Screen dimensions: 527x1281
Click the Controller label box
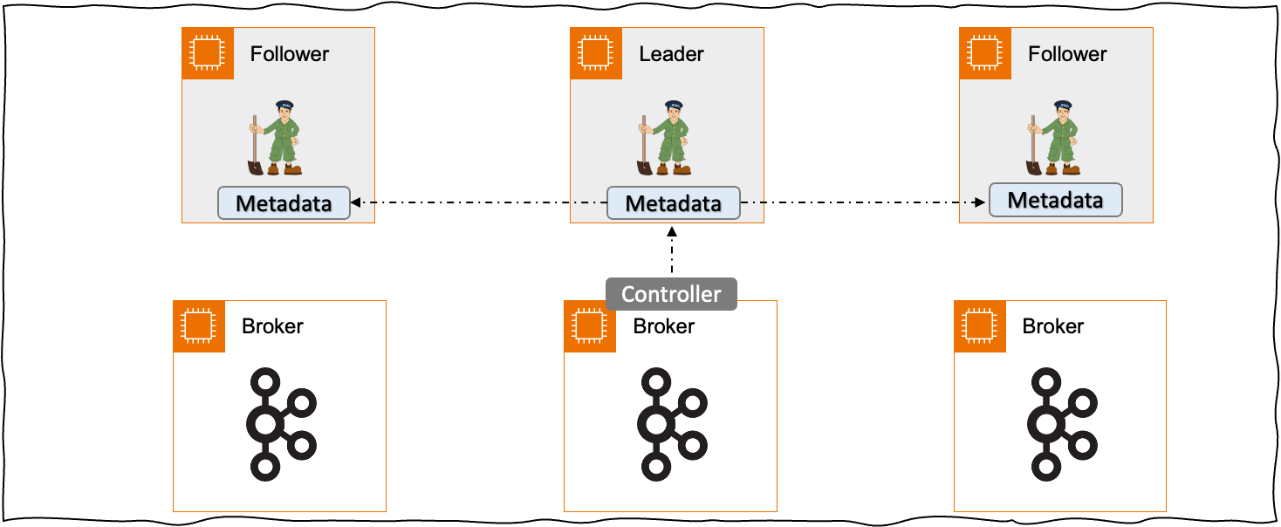(671, 294)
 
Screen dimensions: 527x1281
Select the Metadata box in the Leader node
(673, 203)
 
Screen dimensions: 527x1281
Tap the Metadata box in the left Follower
(284, 203)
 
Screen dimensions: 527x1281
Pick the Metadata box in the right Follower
(1055, 200)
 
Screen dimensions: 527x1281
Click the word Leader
(671, 54)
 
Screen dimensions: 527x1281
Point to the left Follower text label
(289, 54)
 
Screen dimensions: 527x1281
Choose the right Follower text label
(1066, 54)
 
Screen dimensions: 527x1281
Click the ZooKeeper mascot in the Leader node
(664, 138)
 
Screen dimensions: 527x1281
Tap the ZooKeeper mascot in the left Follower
(275, 138)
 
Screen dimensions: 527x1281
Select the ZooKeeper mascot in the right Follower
(1053, 138)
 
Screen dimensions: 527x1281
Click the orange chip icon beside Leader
(597, 53)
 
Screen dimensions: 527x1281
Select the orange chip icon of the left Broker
(199, 326)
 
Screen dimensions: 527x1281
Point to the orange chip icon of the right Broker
(980, 326)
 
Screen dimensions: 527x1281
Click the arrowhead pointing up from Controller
(671, 231)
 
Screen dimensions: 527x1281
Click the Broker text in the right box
(1052, 326)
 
